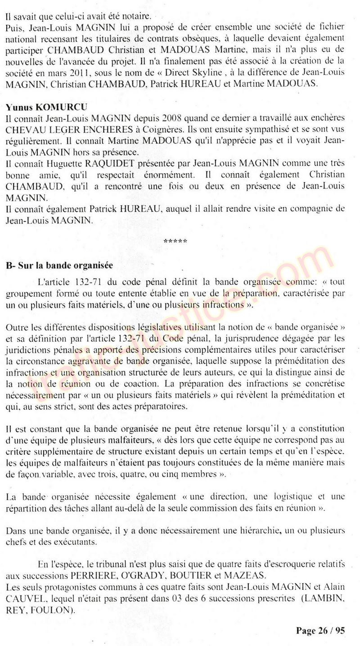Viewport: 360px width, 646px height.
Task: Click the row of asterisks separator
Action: (175, 242)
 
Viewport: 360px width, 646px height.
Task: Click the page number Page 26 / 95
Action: (320, 631)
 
